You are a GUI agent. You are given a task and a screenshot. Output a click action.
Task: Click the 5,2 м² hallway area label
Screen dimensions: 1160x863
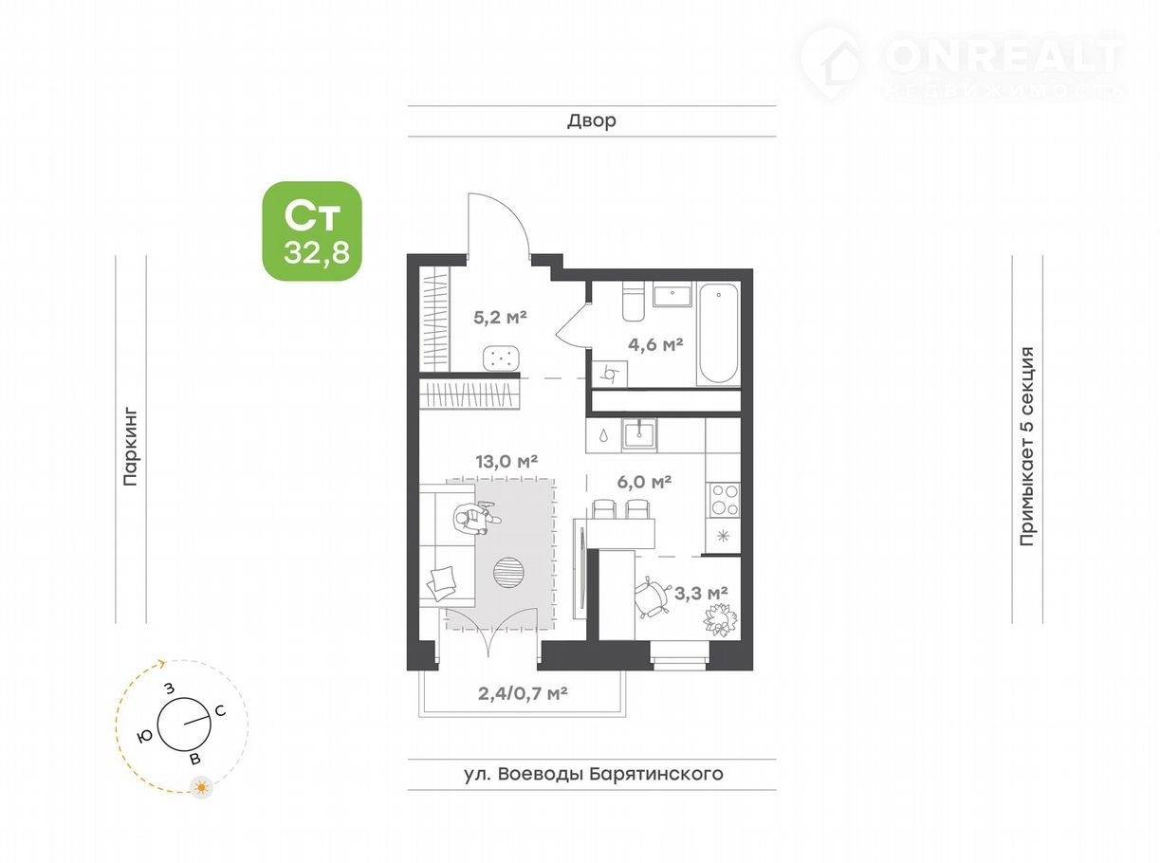500,317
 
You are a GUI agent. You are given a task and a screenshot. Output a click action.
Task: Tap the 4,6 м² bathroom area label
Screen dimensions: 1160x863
655,344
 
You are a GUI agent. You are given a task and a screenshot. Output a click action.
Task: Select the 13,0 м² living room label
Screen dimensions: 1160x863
506,461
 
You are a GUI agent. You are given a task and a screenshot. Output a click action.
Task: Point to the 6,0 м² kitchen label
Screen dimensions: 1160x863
644,482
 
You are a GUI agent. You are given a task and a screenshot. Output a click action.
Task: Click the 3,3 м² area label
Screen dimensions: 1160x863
701,593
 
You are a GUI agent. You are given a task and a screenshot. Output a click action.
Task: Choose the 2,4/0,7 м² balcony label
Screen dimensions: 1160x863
523,693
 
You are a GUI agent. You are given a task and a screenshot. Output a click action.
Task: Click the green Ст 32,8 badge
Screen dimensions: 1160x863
312,231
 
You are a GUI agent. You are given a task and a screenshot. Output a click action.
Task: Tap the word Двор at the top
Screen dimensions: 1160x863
592,120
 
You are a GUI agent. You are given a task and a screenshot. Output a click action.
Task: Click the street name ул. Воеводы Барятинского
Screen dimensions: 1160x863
594,774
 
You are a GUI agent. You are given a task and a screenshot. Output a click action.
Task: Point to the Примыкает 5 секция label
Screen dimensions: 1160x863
1027,446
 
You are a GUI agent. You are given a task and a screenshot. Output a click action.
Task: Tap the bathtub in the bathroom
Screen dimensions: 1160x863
719,333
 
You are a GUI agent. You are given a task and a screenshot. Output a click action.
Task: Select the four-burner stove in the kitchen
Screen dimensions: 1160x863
724,501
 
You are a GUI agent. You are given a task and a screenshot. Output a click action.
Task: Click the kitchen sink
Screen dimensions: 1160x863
639,435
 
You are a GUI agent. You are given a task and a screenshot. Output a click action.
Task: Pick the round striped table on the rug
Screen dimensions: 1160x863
507,573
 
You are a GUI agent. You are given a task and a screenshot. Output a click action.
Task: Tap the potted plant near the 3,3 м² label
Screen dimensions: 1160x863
720,620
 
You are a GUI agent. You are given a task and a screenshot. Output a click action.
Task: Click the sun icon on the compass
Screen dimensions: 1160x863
201,787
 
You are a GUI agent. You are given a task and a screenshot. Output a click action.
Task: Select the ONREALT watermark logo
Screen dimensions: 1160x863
963,63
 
